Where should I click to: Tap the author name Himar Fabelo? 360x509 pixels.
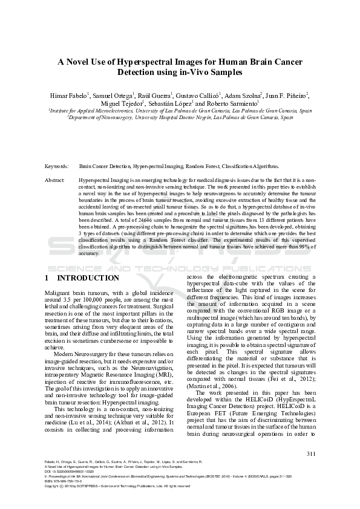click(70, 95)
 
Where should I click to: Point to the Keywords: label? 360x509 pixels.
click(56, 166)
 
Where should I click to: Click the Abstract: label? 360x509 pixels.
click(55, 180)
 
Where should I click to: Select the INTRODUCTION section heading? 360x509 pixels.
click(88, 278)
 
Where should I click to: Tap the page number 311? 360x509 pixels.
click(312, 453)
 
